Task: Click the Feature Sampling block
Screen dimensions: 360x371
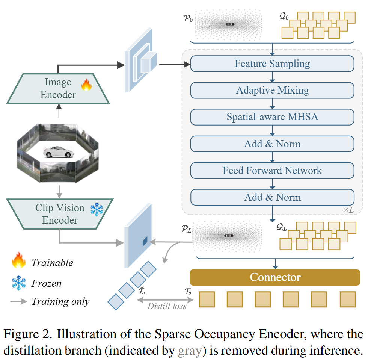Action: [272, 64]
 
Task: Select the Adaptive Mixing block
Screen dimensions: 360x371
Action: [272, 90]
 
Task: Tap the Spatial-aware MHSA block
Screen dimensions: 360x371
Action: [272, 117]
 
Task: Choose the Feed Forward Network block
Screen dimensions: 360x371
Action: [272, 171]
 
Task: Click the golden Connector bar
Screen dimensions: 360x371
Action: [275, 278]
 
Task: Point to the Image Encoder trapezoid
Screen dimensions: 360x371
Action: [58, 88]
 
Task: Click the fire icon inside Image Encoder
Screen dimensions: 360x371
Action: [86, 85]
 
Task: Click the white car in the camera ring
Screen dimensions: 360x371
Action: [57, 152]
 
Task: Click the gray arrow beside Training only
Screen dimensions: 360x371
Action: [19, 301]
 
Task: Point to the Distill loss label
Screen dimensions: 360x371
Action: [167, 306]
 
